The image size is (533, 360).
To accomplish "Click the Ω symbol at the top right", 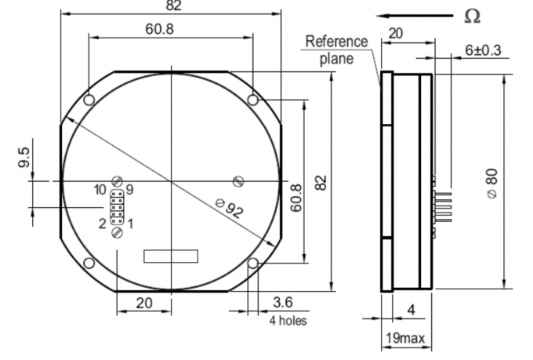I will tap(471, 16).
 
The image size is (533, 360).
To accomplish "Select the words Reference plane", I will tap(336, 49).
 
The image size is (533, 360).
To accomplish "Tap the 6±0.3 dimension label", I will tap(484, 49).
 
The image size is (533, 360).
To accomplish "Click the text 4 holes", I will tap(288, 320).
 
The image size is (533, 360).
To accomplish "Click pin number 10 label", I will tap(100, 190).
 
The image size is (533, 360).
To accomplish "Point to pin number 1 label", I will tap(130, 224).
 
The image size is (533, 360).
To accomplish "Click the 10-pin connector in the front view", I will tap(116, 207).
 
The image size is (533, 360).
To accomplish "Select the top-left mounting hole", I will tap(89, 99).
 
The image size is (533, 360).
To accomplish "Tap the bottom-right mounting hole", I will tap(252, 263).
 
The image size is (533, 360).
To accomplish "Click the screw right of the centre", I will tap(238, 181).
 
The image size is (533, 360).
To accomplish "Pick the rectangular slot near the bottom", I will tap(172, 256).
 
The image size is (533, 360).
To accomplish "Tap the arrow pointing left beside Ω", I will tap(412, 16).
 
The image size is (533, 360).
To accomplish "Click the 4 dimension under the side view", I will tap(411, 310).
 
